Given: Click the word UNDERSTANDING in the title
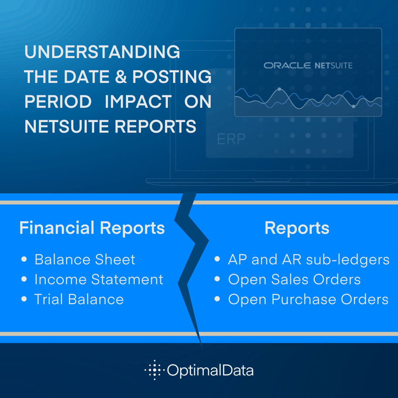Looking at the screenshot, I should [x=102, y=52].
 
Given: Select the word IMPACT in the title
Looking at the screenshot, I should [x=138, y=102].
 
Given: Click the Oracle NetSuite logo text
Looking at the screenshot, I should [x=308, y=65].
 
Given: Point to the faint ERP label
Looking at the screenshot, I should [x=231, y=139].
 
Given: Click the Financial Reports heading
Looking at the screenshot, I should [x=92, y=228].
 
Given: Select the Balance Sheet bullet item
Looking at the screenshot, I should [x=85, y=259].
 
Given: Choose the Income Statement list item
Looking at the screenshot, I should [x=99, y=279].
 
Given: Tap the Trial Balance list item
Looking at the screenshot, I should [x=79, y=299].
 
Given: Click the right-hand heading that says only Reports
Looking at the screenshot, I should [x=296, y=228].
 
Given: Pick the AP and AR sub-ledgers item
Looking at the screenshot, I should [x=308, y=259].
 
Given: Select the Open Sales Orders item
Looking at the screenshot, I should [x=294, y=279].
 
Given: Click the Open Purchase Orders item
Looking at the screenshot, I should [x=308, y=299].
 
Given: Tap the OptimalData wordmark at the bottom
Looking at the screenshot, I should [x=210, y=371].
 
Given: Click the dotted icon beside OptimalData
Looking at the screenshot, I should [x=153, y=370].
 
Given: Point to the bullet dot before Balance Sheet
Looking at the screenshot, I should [x=24, y=260].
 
